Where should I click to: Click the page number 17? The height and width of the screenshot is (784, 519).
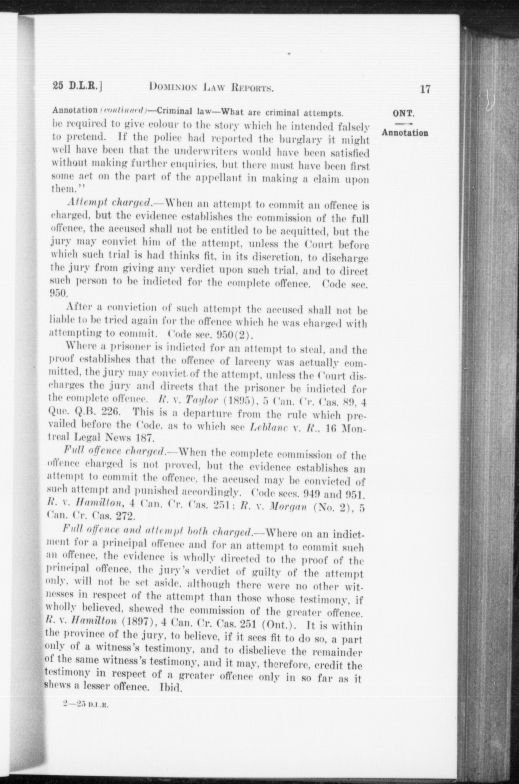[x=425, y=89]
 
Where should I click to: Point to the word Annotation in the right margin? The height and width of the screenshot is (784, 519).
[x=405, y=133]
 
